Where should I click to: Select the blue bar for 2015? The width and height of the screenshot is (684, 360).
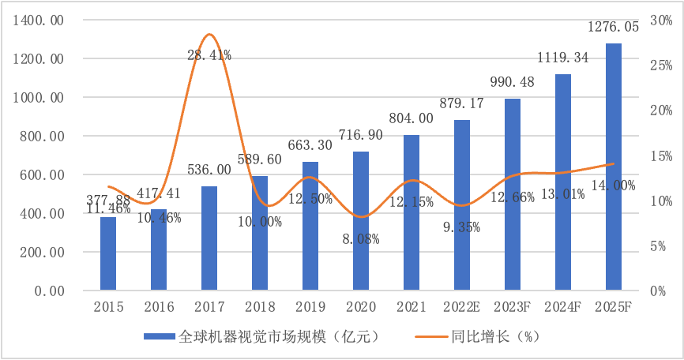pos(108,253)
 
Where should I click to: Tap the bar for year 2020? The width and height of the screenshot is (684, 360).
pos(361,221)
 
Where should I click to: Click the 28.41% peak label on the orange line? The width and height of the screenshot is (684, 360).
pos(209,55)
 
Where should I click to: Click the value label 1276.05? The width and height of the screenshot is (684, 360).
pos(613,28)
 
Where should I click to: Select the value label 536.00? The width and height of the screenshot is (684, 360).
pos(209,170)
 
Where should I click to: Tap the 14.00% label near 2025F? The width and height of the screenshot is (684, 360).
pos(613,186)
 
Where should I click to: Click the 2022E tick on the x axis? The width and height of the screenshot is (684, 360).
pos(461,306)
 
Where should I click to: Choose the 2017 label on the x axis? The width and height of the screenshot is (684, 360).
pos(209,306)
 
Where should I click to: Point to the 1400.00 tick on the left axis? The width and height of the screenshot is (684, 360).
pos(38,21)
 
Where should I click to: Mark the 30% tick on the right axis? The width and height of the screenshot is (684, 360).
pos(660,21)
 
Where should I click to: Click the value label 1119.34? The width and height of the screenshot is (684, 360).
pos(563,58)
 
